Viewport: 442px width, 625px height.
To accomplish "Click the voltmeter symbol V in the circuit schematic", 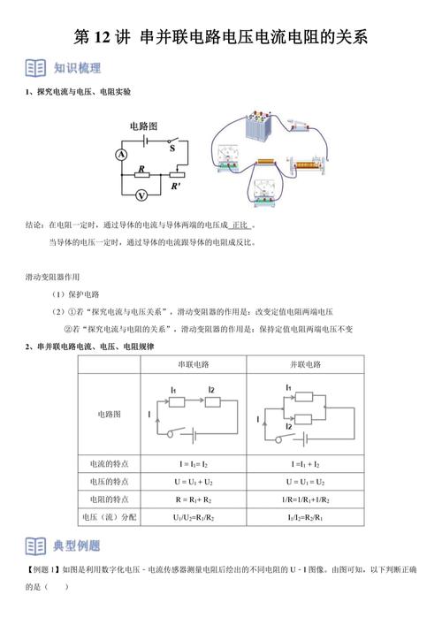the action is (x=143, y=194).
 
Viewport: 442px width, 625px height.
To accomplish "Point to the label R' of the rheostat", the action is (x=177, y=186).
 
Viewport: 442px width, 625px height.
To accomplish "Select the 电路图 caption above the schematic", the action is (x=145, y=126).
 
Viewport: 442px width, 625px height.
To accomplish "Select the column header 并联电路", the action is (x=304, y=364).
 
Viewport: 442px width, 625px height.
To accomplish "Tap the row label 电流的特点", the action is (x=109, y=462).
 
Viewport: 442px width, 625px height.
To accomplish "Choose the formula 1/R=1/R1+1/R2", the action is (x=304, y=499).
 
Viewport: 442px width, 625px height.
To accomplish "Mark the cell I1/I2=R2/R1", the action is (x=304, y=517).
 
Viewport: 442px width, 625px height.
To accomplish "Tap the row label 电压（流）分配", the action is (x=109, y=517).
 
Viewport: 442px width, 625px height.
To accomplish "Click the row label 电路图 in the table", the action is (x=109, y=413).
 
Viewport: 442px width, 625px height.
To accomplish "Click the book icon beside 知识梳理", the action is (x=34, y=68).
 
